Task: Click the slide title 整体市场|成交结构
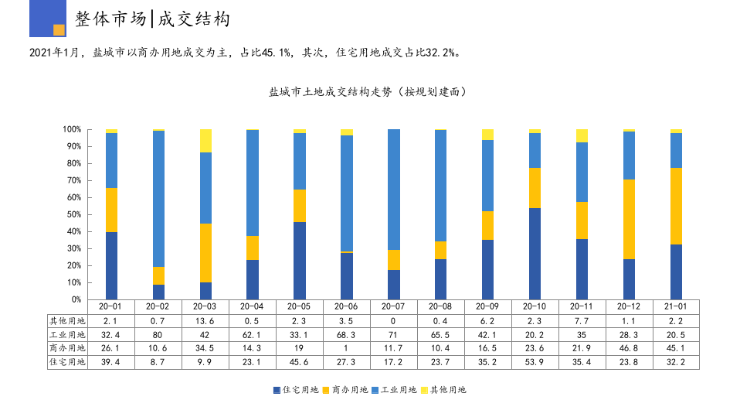pyautogui.click(x=152, y=19)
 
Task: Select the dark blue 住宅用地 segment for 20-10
pyautogui.click(x=535, y=253)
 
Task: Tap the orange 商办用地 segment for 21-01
pyautogui.click(x=676, y=206)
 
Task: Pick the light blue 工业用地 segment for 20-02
pyautogui.click(x=158, y=199)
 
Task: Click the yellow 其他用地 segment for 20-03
pyautogui.click(x=205, y=141)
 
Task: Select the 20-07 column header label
pyautogui.click(x=394, y=306)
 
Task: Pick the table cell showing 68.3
pyautogui.click(x=347, y=334)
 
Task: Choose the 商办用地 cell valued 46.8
pyautogui.click(x=629, y=348)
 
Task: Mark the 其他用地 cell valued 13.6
pyautogui.click(x=205, y=320)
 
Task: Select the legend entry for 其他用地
pyautogui.click(x=444, y=390)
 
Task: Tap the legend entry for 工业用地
pyautogui.click(x=395, y=390)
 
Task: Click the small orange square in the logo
pyautogui.click(x=59, y=29)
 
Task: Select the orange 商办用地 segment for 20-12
pyautogui.click(x=629, y=219)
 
